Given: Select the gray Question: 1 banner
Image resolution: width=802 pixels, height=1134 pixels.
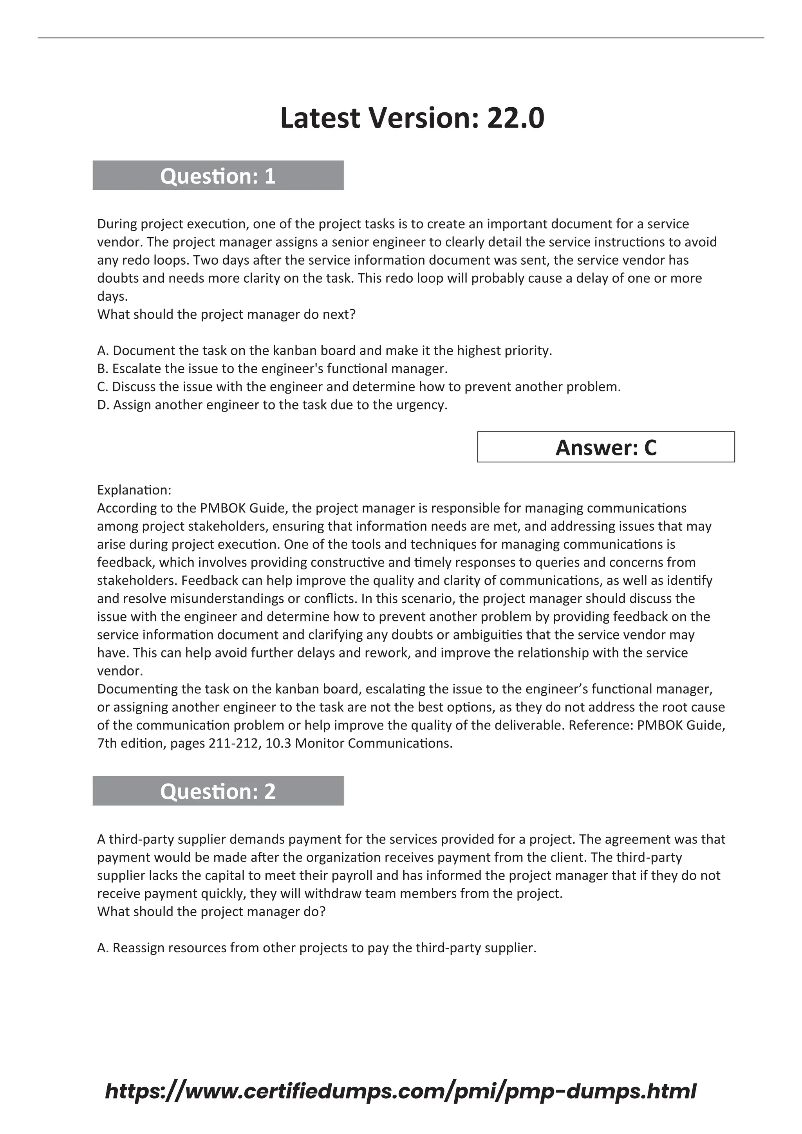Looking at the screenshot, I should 218,176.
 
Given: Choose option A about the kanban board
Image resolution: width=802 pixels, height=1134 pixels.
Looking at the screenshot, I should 325,351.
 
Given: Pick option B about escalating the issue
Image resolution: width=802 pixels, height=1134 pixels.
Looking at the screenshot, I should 272,368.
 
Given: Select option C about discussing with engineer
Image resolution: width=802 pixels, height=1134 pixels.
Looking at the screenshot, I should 359,387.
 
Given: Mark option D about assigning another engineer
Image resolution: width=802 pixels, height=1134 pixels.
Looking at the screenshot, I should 272,405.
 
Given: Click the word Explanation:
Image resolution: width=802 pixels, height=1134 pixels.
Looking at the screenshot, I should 134,490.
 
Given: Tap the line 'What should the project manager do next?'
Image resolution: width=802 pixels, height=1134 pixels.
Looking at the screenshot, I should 226,314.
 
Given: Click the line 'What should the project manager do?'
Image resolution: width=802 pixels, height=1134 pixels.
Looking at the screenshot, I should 211,912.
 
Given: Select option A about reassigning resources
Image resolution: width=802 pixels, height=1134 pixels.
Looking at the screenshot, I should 316,948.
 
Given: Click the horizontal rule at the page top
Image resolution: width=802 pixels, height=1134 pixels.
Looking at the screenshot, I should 401,38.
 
